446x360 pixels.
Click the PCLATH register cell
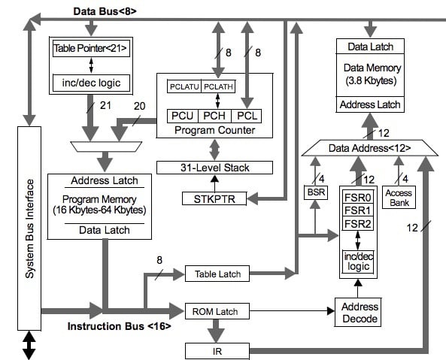tap(218, 87)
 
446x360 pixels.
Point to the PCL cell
tap(247, 116)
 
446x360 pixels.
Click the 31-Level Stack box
tap(214, 167)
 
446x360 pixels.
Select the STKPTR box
tap(214, 198)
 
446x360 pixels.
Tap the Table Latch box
tap(217, 274)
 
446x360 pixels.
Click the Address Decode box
tap(360, 312)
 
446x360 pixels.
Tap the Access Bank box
tap(399, 197)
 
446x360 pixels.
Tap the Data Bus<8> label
tap(105, 11)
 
